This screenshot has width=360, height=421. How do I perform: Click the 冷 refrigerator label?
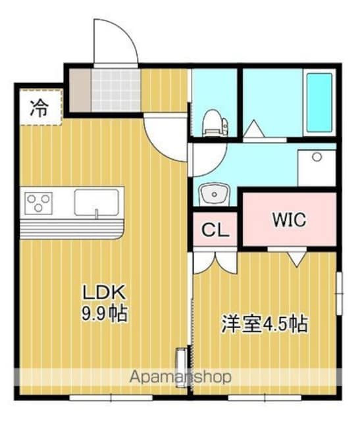click(x=39, y=108)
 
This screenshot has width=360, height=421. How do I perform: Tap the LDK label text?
click(x=104, y=292)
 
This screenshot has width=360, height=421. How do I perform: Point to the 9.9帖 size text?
click(x=104, y=313)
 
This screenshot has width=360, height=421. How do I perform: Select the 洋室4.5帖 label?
click(x=265, y=324)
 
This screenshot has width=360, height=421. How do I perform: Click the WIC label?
click(x=290, y=219)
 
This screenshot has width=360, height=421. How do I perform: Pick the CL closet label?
click(x=215, y=230)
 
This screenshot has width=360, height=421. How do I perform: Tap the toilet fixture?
click(x=216, y=122)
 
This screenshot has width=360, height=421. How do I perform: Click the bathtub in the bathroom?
click(x=320, y=103)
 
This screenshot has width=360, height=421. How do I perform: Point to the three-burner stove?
click(x=38, y=203)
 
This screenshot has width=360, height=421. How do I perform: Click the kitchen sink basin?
click(x=97, y=203)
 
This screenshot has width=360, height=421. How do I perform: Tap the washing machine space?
click(x=317, y=168)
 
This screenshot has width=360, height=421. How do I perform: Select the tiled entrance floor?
click(x=116, y=89)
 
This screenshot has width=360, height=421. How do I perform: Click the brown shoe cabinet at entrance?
click(x=80, y=89)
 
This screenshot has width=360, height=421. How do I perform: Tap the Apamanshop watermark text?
click(x=180, y=377)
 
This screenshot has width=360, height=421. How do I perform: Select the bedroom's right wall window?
click(x=340, y=293)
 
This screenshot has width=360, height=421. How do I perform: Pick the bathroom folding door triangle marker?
click(x=254, y=129)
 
